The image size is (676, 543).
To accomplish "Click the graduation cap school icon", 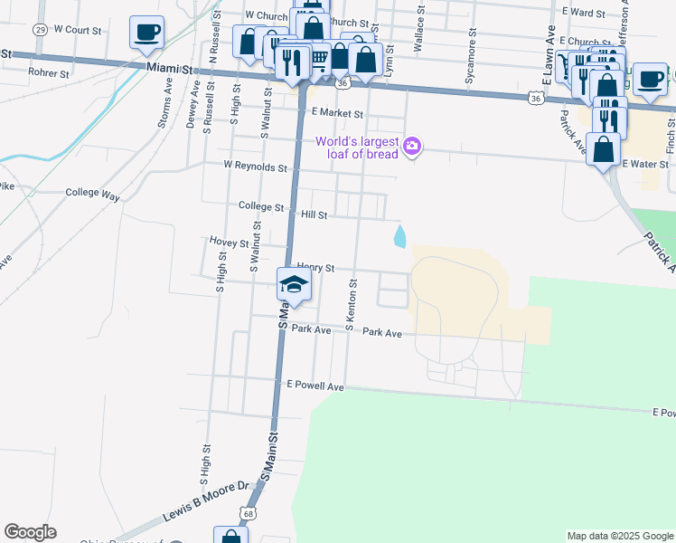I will [x=294, y=285].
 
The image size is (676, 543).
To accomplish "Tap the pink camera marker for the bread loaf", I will [x=412, y=146].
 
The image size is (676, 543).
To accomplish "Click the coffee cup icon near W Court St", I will [x=146, y=33].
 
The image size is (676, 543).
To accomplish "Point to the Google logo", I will [x=30, y=532].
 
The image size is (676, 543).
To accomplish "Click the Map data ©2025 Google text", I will [x=619, y=536].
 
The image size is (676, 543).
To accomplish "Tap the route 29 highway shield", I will [x=40, y=29].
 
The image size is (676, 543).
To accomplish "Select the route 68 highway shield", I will [x=247, y=513].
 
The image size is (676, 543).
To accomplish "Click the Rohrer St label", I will [x=48, y=71].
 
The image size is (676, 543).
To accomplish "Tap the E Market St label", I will [x=336, y=114].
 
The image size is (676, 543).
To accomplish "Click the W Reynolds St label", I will [x=255, y=167].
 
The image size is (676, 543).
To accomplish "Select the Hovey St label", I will [x=228, y=243].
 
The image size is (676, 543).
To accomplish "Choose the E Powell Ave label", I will [x=315, y=386].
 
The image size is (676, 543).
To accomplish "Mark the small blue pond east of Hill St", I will [x=399, y=236].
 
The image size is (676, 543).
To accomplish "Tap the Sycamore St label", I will [x=470, y=62].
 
